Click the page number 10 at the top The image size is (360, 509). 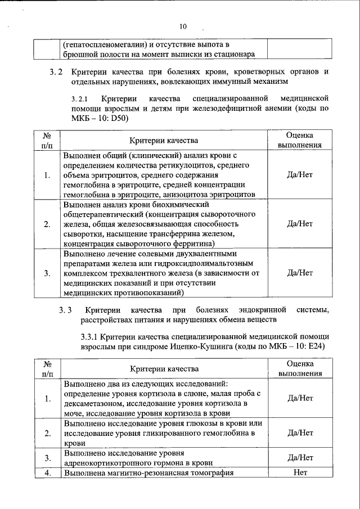[183, 26]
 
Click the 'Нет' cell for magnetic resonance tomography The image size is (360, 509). [300, 472]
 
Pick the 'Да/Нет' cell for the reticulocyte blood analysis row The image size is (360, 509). [300, 174]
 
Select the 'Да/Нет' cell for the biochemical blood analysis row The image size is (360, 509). [300, 223]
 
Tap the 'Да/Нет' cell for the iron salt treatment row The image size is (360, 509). [300, 273]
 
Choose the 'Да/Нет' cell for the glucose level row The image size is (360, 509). [300, 433]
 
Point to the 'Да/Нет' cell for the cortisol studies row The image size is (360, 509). [300, 398]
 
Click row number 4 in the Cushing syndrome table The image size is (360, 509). [47, 472]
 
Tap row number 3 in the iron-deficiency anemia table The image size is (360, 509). [47, 273]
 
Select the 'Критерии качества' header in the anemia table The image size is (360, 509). [164, 139]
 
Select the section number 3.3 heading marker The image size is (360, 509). [66, 310]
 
